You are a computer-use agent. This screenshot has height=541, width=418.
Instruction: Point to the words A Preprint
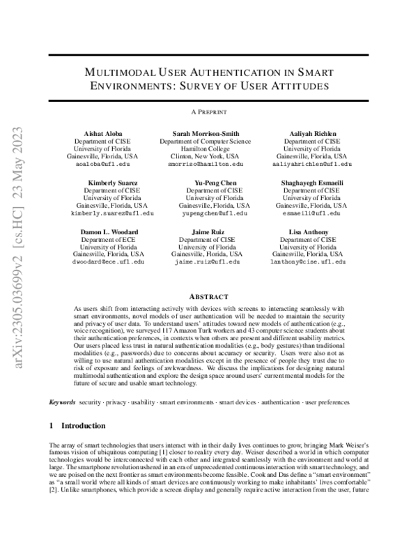[x=209, y=112]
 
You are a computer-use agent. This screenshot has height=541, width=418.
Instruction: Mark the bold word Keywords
[x=63, y=403]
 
